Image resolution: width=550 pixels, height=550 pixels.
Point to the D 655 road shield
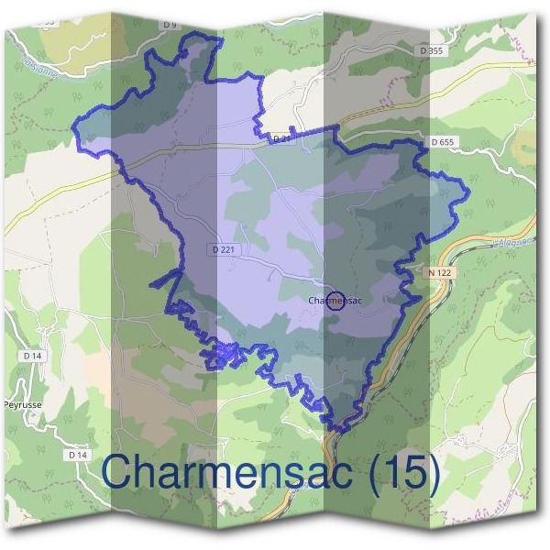[x=441, y=142]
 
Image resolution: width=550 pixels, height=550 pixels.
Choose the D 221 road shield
[x=223, y=248]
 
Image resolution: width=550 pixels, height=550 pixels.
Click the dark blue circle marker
[x=335, y=301]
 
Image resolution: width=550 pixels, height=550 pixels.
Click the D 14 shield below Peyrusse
[x=77, y=454]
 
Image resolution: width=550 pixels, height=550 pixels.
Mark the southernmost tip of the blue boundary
[x=339, y=430]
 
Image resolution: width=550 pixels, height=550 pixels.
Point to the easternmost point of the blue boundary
[x=468, y=193]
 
